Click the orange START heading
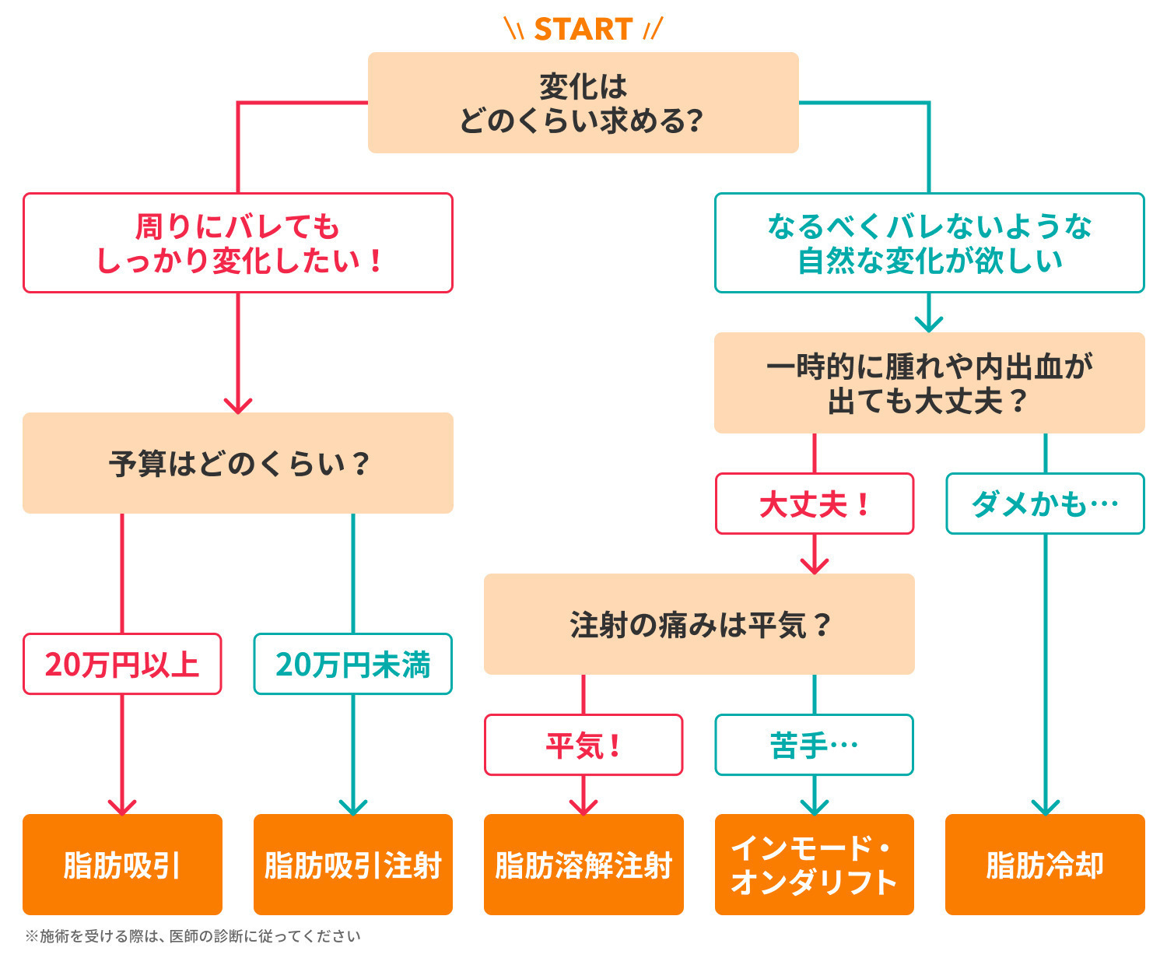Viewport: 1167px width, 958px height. (583, 30)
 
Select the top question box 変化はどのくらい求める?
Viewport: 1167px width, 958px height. (583, 103)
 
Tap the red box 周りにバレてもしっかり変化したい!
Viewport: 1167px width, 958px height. (238, 243)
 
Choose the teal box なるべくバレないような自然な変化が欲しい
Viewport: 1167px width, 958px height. (929, 243)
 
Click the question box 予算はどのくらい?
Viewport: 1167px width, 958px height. (238, 463)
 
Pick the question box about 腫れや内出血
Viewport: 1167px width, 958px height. (929, 383)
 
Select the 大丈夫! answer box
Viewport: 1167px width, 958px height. (814, 504)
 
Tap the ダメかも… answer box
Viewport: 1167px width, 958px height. (1045, 504)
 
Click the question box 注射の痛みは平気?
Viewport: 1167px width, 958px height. (699, 624)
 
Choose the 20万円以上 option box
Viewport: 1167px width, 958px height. (122, 664)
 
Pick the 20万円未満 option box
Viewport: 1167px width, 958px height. (352, 664)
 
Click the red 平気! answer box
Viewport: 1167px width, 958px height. (583, 745)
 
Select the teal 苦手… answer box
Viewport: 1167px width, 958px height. (814, 745)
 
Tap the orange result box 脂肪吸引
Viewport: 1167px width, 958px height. (122, 865)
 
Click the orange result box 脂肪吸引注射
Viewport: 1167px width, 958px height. (352, 865)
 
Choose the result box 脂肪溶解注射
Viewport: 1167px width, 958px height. (583, 865)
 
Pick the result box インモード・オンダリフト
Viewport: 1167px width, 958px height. (814, 865)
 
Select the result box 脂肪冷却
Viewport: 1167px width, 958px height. (1045, 865)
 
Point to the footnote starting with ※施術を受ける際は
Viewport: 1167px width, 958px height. (193, 936)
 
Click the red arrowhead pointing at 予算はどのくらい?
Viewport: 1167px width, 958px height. (238, 405)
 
